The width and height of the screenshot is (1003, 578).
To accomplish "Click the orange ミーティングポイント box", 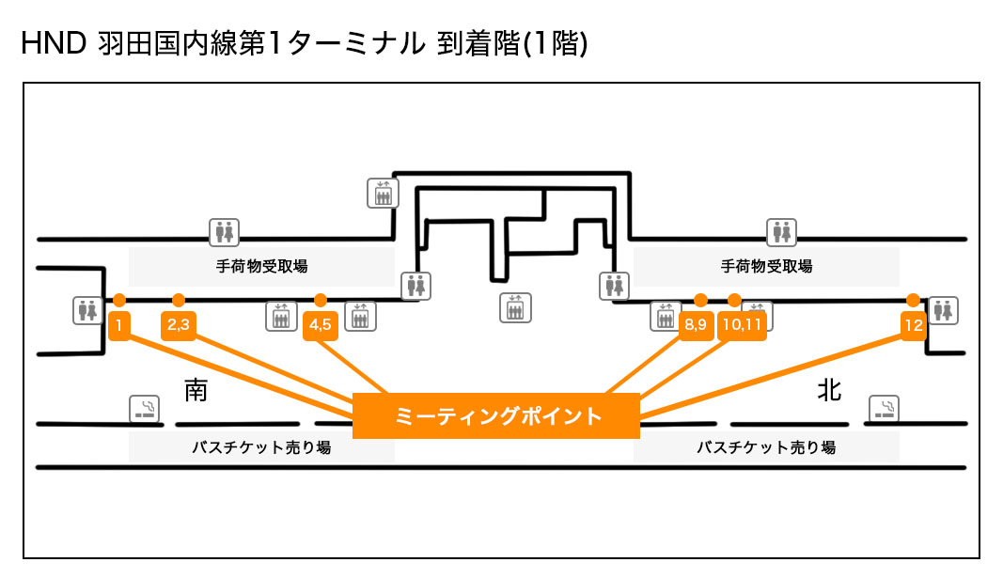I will (x=495, y=415).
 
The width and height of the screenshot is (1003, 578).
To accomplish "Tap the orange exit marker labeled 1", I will (x=119, y=325).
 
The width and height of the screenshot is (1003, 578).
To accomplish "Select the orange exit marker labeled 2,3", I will (x=179, y=325).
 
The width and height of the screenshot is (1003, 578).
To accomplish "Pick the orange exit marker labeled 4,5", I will (x=321, y=325).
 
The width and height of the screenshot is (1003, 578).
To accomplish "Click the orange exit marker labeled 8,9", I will (x=696, y=325).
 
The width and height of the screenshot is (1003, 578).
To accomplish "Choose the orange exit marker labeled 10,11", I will (x=742, y=325).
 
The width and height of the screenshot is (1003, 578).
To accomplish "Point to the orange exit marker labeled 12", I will (x=913, y=325).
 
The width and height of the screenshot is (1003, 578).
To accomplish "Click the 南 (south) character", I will (x=196, y=391).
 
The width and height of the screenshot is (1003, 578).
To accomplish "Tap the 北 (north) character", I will (x=829, y=391).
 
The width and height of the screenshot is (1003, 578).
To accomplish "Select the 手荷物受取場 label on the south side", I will (x=260, y=267).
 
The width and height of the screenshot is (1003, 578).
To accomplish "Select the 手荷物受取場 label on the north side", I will (x=766, y=267).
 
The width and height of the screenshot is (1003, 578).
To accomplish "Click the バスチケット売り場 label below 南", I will (x=260, y=448).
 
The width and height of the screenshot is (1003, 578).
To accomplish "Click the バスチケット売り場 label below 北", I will (x=766, y=448).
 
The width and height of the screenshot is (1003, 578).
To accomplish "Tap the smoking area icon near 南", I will (x=144, y=408).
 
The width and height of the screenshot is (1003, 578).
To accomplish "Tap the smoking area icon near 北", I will (x=885, y=408).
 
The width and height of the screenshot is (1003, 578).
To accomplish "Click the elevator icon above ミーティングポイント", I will (x=515, y=308).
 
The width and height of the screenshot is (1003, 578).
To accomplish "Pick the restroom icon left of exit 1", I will (x=87, y=309).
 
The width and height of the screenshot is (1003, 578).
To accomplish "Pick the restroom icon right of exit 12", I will (x=943, y=309).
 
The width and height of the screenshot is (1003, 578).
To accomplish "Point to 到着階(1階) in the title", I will (x=512, y=44).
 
